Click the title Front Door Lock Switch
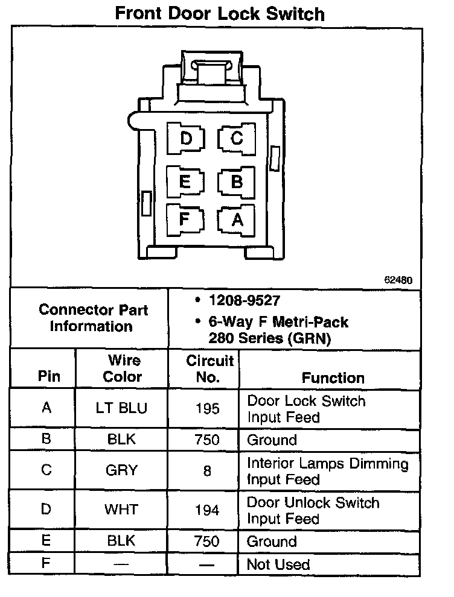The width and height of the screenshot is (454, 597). click(220, 14)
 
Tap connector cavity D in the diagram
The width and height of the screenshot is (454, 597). click(185, 139)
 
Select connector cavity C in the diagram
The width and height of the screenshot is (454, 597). click(237, 139)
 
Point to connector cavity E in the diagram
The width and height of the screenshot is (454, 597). click(185, 181)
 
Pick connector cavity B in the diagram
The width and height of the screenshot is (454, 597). click(237, 181)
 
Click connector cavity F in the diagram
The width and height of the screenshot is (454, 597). click(185, 218)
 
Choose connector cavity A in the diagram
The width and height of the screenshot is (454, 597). click(237, 220)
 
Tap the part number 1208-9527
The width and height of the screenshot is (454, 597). click(244, 300)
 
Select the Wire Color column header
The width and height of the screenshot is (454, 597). click(123, 368)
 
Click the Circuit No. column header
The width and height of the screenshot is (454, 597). click(209, 368)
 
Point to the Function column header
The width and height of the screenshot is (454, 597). click(333, 378)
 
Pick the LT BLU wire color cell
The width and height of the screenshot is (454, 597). click(121, 408)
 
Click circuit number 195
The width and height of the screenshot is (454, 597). click(207, 409)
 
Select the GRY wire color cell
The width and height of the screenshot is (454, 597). click(122, 470)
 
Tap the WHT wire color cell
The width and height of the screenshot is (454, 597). click(122, 510)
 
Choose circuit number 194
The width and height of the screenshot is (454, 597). click(207, 510)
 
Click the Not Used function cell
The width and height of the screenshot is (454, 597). click(278, 564)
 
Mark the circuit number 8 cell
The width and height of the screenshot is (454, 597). click(207, 470)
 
